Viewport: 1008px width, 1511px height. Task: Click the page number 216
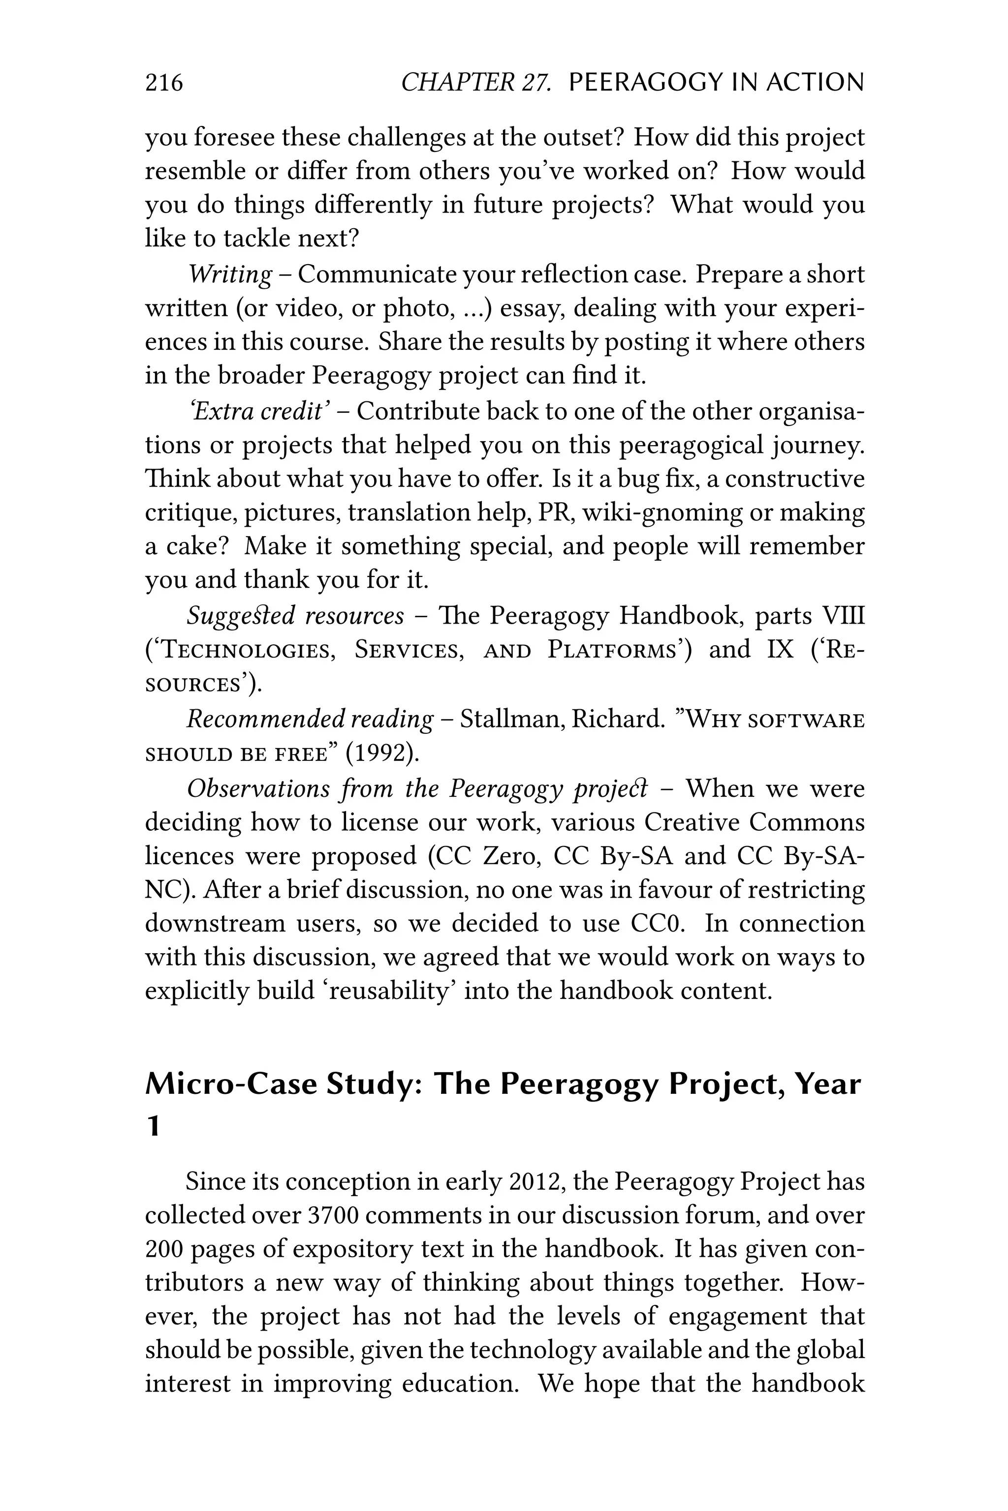tap(164, 83)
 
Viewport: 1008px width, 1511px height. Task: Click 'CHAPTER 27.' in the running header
tap(476, 83)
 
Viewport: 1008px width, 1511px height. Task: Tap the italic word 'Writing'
tap(230, 274)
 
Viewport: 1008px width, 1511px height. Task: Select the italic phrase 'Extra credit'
tap(258, 411)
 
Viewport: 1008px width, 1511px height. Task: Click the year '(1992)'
tap(382, 753)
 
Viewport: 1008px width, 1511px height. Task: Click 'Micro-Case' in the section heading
tap(231, 1084)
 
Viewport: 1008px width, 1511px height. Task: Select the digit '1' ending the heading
tap(153, 1126)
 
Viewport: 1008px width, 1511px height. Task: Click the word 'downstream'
tap(215, 924)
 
